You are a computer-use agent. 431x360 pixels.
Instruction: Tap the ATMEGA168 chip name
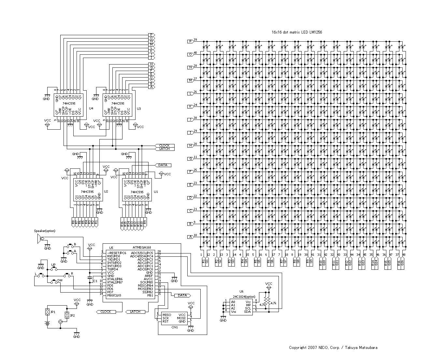[x=142, y=248]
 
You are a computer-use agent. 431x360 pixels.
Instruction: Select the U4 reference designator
[x=91, y=108]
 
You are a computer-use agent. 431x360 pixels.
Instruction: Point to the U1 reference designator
[x=156, y=192]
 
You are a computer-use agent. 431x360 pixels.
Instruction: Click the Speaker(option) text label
[x=45, y=231]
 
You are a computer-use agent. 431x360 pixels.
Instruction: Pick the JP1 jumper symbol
[x=48, y=312]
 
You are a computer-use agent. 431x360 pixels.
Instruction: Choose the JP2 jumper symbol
[x=67, y=315]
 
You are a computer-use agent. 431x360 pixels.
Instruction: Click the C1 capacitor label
[x=95, y=281]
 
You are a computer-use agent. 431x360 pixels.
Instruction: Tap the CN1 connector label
[x=175, y=327]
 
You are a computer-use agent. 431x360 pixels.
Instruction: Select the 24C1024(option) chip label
[x=244, y=296]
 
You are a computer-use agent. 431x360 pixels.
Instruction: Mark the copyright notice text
[x=333, y=348]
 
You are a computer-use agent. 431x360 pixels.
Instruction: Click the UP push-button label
[x=53, y=265]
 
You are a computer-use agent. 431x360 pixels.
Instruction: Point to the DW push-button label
[x=60, y=280]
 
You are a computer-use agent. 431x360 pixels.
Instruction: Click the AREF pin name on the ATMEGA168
[x=149, y=276]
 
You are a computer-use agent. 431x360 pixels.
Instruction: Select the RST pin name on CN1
[x=165, y=321]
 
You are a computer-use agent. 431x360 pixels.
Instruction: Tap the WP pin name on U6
[x=248, y=305]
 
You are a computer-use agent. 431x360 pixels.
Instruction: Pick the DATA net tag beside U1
[x=163, y=165]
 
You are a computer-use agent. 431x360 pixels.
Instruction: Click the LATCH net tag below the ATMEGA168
[x=135, y=312]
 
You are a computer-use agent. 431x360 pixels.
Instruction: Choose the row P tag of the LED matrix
[x=190, y=41]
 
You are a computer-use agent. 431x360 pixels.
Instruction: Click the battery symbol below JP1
[x=48, y=324]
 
